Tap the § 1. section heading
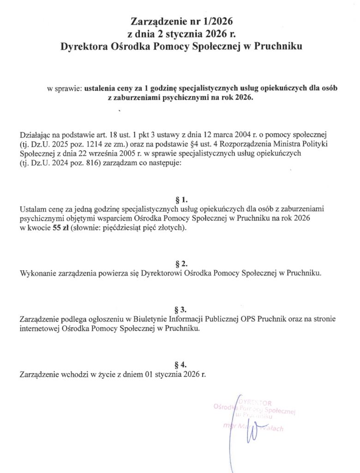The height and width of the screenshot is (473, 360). click(181, 200)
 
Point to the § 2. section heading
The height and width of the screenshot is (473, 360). click(181, 264)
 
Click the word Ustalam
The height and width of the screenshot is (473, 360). click(33, 209)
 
